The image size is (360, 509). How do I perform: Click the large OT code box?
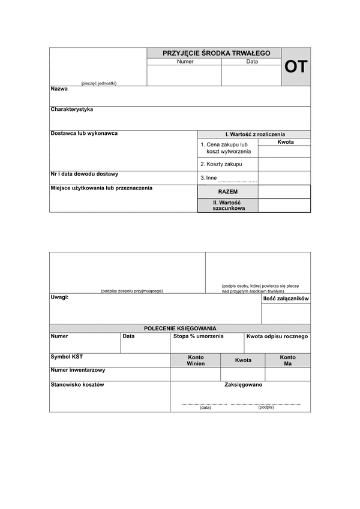click(x=296, y=67)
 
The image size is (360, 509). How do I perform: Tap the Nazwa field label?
click(x=59, y=89)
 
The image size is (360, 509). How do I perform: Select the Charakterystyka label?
click(x=72, y=110)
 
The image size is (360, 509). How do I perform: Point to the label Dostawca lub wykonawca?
click(x=84, y=133)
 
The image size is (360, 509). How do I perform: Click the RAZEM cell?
click(x=228, y=191)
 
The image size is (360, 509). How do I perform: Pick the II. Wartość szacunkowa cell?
click(x=228, y=205)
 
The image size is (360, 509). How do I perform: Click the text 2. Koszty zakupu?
click(x=221, y=164)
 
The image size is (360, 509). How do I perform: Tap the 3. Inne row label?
click(x=209, y=177)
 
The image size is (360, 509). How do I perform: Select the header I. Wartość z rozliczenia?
click(x=255, y=134)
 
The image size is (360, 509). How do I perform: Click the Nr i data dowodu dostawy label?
click(x=85, y=174)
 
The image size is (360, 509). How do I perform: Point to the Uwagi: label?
click(x=59, y=297)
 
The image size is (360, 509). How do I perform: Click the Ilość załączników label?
click(x=286, y=299)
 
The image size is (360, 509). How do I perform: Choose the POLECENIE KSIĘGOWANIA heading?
click(x=180, y=328)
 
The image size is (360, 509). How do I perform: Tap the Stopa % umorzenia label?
click(x=198, y=336)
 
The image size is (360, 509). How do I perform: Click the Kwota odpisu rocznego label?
click(x=277, y=336)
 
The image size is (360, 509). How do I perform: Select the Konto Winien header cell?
click(x=196, y=360)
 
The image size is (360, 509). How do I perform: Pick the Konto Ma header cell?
click(x=288, y=360)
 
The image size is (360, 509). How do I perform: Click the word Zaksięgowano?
click(x=243, y=385)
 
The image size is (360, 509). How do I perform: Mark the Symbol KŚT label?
click(x=67, y=357)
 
